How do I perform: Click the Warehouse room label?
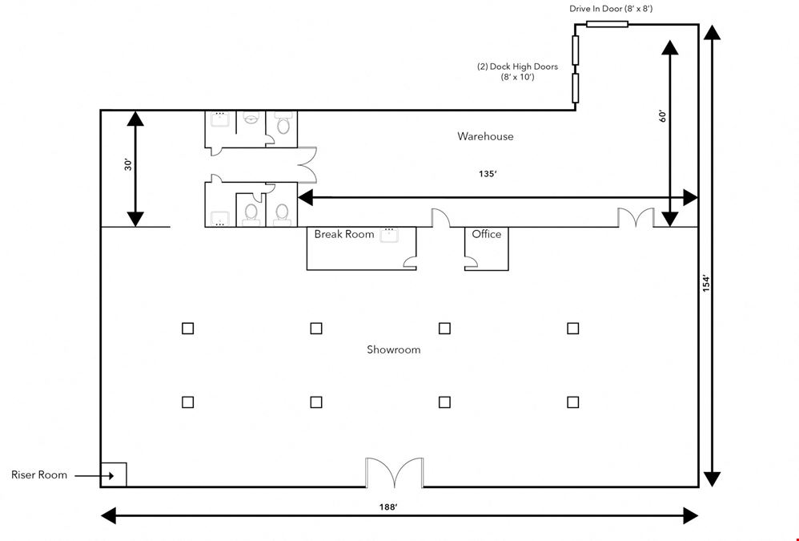pos(485,136)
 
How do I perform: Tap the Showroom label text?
pos(393,349)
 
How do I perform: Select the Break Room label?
pos(344,234)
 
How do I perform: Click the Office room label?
pos(486,233)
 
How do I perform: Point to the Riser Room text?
pos(39,474)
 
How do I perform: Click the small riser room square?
pos(114,474)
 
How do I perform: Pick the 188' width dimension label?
pos(387,507)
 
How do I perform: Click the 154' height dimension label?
pos(706,284)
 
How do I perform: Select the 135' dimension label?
pos(488,174)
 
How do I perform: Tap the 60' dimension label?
pos(662,116)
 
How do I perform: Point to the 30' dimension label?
pos(128,164)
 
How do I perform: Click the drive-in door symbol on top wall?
pos(607,24)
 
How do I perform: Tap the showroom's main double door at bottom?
pos(395,473)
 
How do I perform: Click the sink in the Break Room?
pos(389,235)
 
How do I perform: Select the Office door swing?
pos(471,263)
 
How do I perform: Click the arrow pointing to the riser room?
pos(94,476)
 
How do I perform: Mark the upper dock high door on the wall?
pos(576,50)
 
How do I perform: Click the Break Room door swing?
pos(410,263)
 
